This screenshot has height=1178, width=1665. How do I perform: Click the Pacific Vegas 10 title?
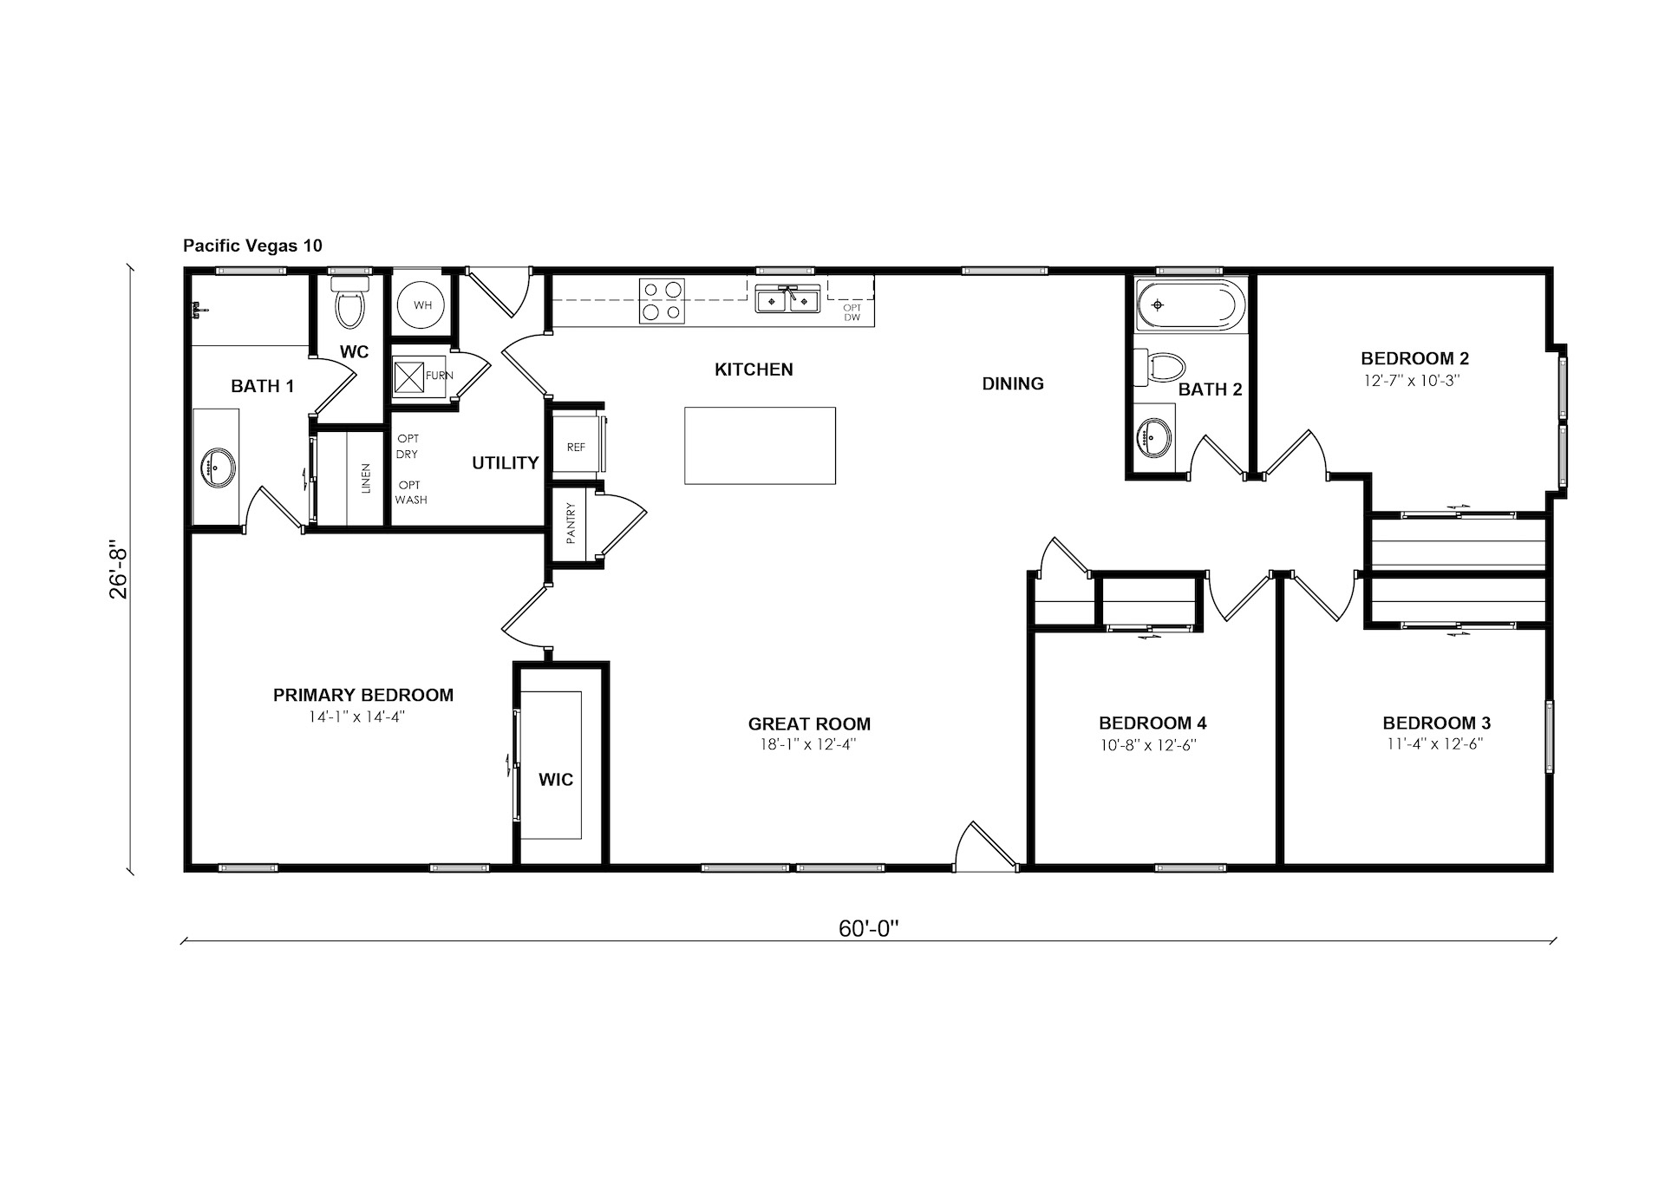252,245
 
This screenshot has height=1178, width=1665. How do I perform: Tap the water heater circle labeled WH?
421,305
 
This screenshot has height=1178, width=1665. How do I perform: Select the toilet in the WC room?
350,302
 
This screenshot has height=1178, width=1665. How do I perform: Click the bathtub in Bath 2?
1191,305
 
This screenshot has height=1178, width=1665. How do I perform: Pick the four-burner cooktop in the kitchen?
662,301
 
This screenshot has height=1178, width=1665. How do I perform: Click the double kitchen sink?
787,299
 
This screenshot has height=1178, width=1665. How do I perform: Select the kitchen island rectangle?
760,446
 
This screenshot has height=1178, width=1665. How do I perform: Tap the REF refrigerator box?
577,447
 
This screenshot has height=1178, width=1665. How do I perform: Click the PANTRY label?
571,524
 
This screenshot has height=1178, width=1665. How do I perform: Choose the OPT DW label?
852,312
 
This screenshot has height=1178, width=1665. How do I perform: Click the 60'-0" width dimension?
868,929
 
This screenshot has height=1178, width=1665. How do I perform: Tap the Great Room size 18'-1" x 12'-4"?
808,744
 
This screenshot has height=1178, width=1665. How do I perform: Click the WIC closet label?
556,780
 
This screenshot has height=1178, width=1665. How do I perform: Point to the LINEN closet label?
366,478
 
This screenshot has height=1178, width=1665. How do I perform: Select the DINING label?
1013,383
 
